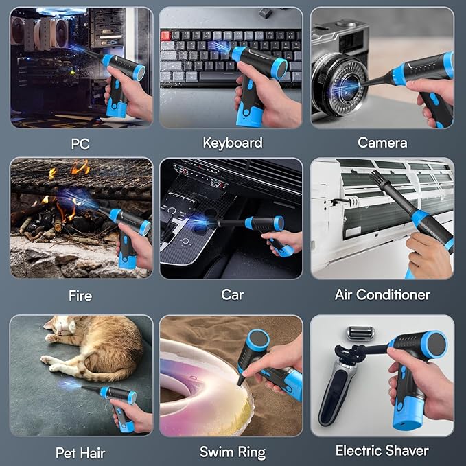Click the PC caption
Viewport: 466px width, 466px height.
80,144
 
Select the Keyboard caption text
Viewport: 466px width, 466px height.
233,143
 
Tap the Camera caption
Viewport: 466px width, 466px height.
382,143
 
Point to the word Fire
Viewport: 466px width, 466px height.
80,296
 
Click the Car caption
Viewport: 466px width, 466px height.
233,295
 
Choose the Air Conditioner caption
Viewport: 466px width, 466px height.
382,295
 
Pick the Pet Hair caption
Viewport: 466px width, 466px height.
80,452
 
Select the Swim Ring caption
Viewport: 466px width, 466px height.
233,452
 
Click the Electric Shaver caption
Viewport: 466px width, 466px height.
382,451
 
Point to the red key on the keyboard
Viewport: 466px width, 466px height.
166,35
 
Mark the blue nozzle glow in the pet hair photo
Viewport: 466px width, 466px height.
68,386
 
